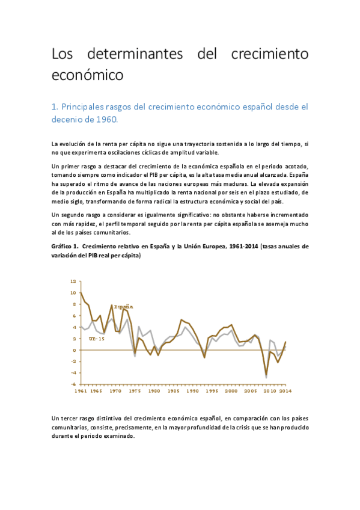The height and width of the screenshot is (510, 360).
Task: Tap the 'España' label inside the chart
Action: [x=124, y=307]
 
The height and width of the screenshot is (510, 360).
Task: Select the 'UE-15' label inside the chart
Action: [x=89, y=339]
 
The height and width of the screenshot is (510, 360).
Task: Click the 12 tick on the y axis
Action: [x=73, y=281]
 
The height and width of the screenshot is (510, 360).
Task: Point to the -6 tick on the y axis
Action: [x=73, y=384]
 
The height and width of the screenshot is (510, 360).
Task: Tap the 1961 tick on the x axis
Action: [x=81, y=392]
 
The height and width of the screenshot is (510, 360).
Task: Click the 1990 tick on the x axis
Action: [x=193, y=392]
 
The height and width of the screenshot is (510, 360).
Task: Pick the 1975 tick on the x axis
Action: [x=136, y=392]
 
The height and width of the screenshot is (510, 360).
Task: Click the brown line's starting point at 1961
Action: [x=81, y=293]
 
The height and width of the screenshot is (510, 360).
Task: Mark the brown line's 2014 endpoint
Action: [x=285, y=342]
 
